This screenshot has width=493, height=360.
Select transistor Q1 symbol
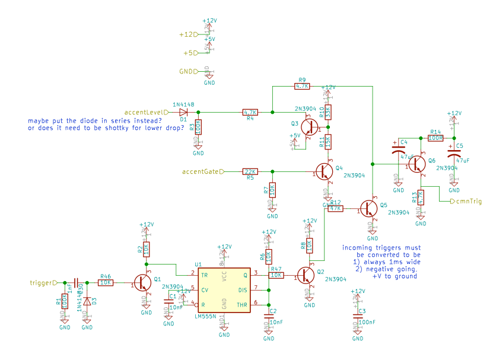click(143, 283)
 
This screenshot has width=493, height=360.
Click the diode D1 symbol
click(184, 111)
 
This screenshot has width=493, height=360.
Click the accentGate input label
click(201, 172)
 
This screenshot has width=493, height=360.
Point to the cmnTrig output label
click(469, 202)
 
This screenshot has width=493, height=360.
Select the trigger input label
click(42, 283)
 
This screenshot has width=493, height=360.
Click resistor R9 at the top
click(302, 86)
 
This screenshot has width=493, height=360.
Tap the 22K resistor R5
click(250, 172)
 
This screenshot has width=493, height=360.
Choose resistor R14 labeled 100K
click(435, 138)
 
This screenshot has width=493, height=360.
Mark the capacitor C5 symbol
click(454, 154)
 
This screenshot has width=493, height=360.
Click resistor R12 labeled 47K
click(336, 208)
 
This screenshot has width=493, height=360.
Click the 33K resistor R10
click(327, 111)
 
